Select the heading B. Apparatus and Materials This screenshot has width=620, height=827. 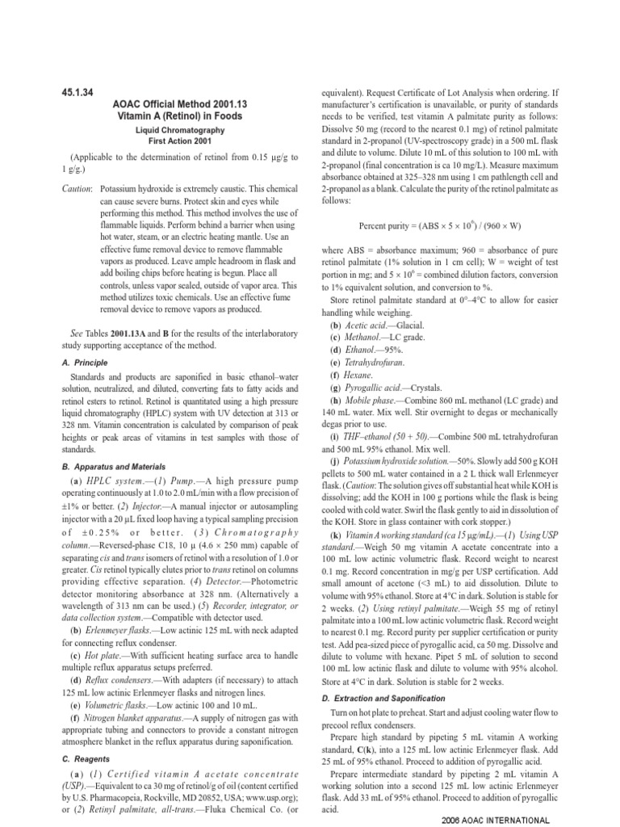pyautogui.click(x=115, y=467)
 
